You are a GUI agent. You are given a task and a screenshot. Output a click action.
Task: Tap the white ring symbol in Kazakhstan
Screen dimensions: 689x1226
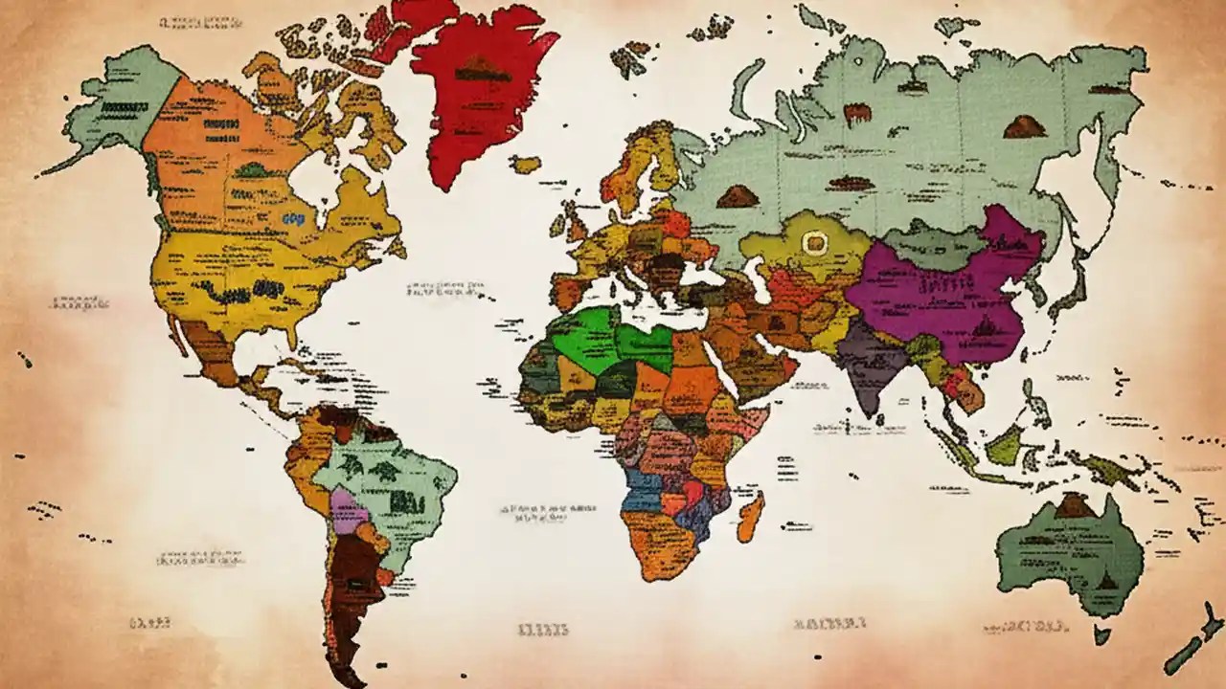click(x=815, y=243)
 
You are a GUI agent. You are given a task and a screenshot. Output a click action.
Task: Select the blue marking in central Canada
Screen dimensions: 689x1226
click(x=294, y=218)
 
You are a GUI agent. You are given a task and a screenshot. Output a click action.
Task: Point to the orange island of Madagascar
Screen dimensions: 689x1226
click(x=751, y=517)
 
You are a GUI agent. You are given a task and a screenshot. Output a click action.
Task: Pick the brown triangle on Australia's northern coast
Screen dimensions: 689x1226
click(x=1076, y=506)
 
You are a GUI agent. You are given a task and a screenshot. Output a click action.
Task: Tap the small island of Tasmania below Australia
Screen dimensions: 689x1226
click(x=1102, y=633)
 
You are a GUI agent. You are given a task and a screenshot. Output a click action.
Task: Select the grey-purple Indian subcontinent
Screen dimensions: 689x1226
click(x=869, y=364)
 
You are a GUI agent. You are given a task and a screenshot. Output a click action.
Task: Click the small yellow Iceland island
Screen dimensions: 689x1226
click(x=525, y=165)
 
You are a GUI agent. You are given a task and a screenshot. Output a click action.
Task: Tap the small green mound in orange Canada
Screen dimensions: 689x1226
click(x=252, y=170)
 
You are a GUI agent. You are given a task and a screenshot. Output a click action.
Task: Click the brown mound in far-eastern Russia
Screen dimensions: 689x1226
click(x=1023, y=126)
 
